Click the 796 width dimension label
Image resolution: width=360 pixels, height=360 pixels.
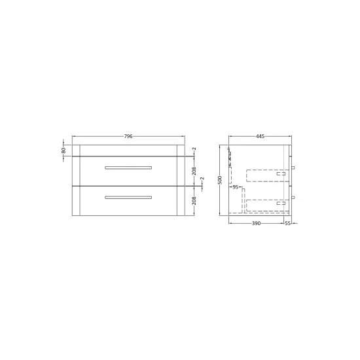tap(128, 136)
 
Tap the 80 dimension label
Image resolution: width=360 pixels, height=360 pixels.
tap(63, 151)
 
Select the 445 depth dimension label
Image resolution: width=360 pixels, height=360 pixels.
tap(260, 136)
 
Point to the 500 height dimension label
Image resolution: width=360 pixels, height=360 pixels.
tap(220, 180)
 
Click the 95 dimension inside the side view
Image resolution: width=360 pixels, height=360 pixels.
tap(236, 187)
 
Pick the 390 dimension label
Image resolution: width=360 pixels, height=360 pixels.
tap(256, 223)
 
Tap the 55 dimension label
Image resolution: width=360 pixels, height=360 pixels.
tap(288, 223)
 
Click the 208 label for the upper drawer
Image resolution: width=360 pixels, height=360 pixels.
tap(194, 171)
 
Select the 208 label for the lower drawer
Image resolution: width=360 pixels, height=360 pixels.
tap(194, 201)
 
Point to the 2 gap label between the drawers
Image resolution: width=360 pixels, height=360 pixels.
tap(202, 179)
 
